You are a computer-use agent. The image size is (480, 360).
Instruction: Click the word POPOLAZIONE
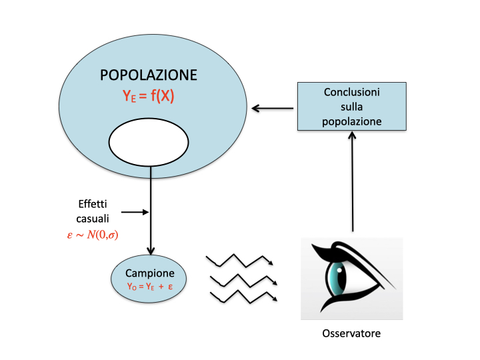click(149, 75)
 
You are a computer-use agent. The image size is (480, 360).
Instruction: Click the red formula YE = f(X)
click(149, 96)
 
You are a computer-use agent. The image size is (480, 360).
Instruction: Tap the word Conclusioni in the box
click(351, 93)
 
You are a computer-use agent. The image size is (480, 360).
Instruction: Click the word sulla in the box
click(351, 107)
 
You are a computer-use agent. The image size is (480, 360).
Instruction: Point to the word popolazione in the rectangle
click(351, 121)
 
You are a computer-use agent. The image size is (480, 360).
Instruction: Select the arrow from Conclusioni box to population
click(273, 107)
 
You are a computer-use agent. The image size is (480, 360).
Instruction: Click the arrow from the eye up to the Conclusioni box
click(352, 180)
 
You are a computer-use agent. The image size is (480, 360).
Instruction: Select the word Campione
click(150, 273)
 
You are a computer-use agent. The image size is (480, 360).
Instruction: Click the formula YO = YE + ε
click(150, 287)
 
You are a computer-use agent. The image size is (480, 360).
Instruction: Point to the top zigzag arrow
click(240, 259)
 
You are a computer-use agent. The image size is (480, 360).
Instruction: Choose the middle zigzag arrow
click(241, 279)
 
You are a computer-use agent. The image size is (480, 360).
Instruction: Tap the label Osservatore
click(351, 331)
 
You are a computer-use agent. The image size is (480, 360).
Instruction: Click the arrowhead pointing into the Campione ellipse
click(151, 251)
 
